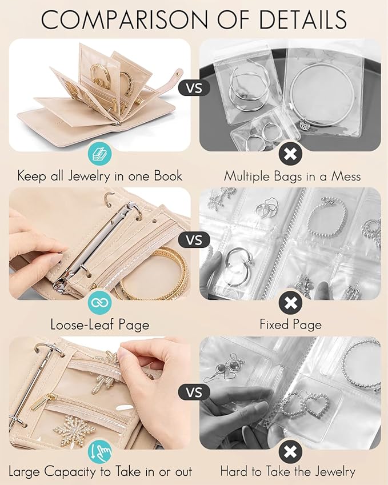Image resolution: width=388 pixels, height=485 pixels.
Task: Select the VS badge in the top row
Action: click(x=194, y=89)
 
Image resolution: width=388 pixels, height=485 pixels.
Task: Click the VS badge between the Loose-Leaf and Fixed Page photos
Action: click(x=194, y=239)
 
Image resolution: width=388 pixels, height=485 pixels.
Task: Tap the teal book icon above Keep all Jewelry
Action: click(x=99, y=153)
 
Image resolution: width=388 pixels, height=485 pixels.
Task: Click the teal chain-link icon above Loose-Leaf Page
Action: click(x=99, y=303)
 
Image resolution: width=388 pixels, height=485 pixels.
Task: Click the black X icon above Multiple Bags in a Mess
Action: click(x=291, y=153)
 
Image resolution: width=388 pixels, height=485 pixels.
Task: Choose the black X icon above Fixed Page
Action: click(x=291, y=303)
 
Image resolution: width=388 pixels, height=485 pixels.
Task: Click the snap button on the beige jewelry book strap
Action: click(x=179, y=73)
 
